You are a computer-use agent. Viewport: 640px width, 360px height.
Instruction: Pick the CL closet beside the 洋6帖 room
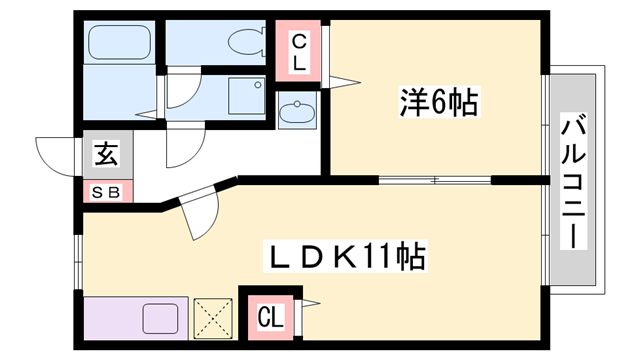pos(299,50)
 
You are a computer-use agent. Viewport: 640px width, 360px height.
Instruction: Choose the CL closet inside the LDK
pos(269,317)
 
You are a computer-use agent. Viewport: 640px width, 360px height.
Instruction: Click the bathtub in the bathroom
pos(119,42)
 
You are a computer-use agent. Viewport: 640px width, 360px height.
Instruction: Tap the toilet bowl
pos(240,42)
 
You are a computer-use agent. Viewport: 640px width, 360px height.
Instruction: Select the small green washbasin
pos(296,112)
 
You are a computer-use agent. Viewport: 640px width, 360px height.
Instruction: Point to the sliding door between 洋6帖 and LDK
pos(435,180)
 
